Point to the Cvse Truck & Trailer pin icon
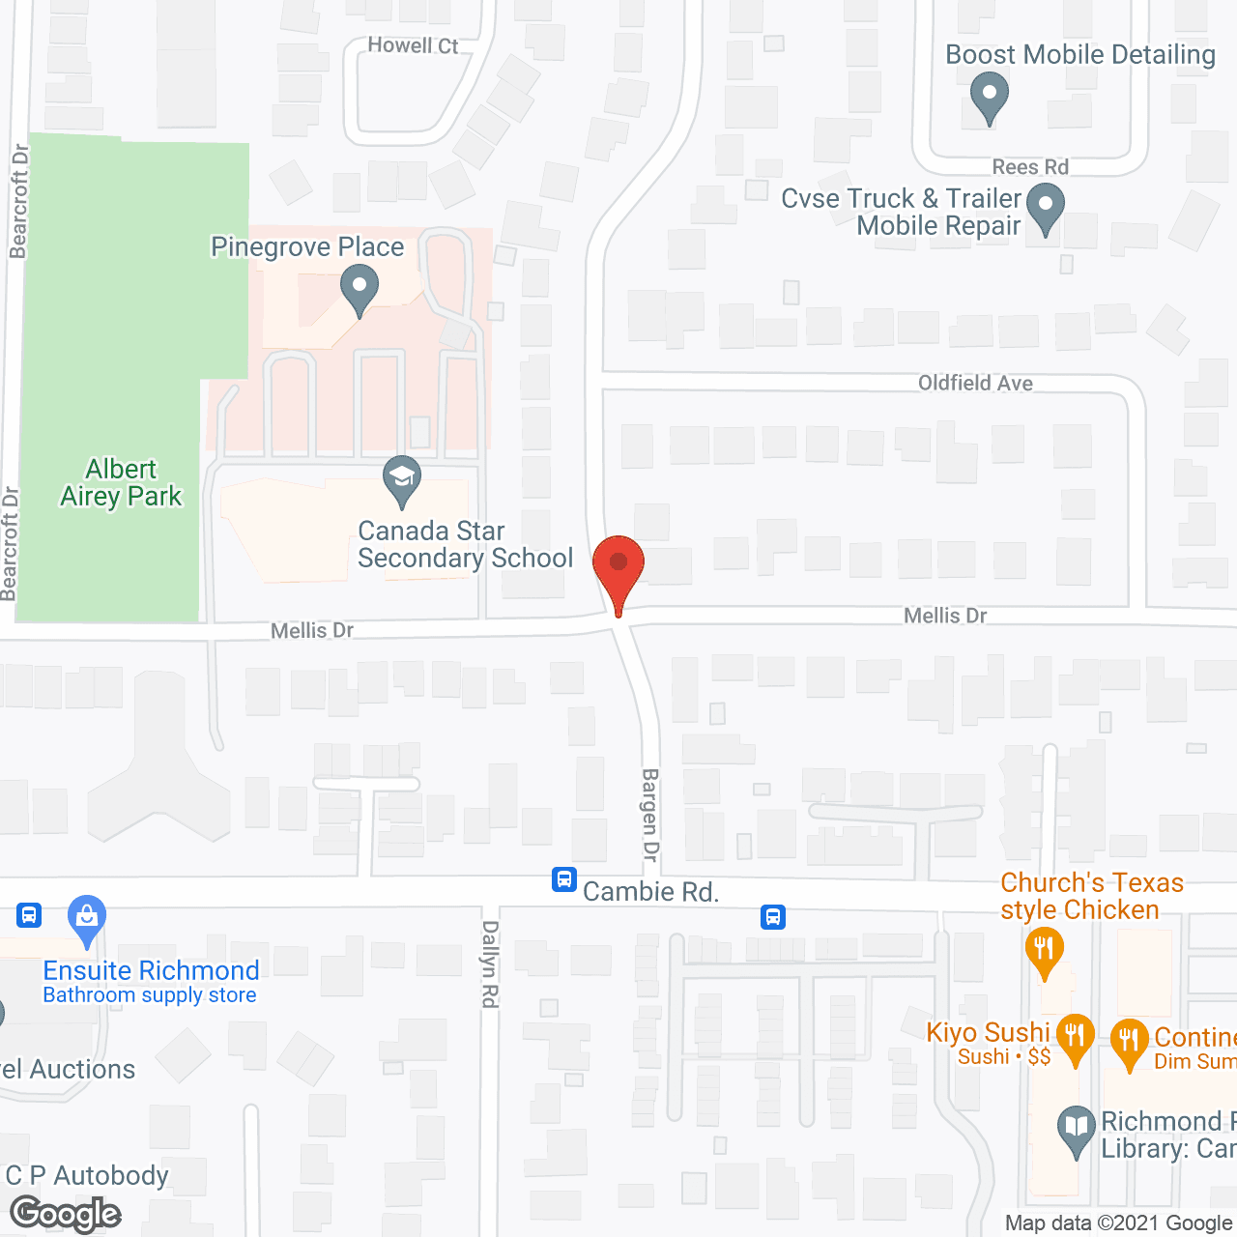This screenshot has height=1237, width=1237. click(1045, 208)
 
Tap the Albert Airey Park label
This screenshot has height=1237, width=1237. click(121, 482)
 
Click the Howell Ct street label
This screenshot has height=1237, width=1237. click(413, 45)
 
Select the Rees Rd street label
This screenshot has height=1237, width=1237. click(1030, 167)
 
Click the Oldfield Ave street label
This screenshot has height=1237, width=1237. click(975, 383)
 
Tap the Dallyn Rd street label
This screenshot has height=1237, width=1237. click(490, 964)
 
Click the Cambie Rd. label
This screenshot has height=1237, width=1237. click(650, 891)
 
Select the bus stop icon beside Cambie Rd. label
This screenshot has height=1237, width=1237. click(564, 879)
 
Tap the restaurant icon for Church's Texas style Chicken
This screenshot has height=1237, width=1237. click(1044, 948)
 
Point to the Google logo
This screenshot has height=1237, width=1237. click(66, 1213)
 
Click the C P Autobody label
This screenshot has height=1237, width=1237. click(87, 1175)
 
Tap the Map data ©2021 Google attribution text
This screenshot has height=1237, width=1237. click(1118, 1223)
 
